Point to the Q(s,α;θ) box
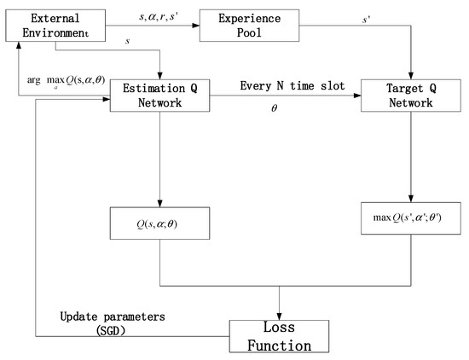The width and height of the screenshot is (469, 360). pos(159,226)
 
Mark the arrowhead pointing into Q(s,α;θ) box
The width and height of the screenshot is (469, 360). pos(159,205)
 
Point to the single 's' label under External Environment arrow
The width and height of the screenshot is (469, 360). pos(127,40)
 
